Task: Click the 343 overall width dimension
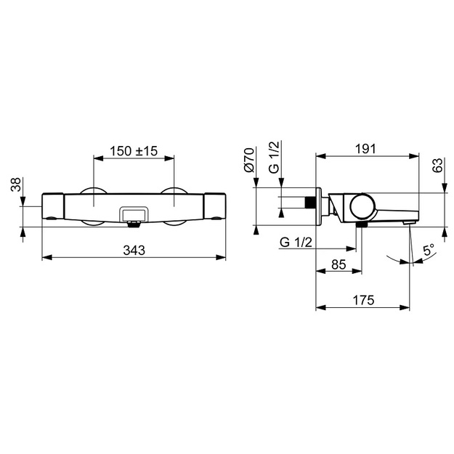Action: pyautogui.click(x=134, y=250)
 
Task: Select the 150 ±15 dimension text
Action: pyautogui.click(x=134, y=151)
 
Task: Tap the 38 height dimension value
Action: pyautogui.click(x=16, y=185)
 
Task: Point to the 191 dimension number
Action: pyautogui.click(x=365, y=149)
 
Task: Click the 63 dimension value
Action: pyautogui.click(x=438, y=166)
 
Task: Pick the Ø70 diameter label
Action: pyautogui.click(x=249, y=160)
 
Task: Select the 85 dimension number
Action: pyautogui.click(x=339, y=264)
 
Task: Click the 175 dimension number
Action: pyautogui.click(x=363, y=300)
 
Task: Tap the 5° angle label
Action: pyautogui.click(x=429, y=250)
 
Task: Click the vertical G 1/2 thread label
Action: pyautogui.click(x=274, y=157)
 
